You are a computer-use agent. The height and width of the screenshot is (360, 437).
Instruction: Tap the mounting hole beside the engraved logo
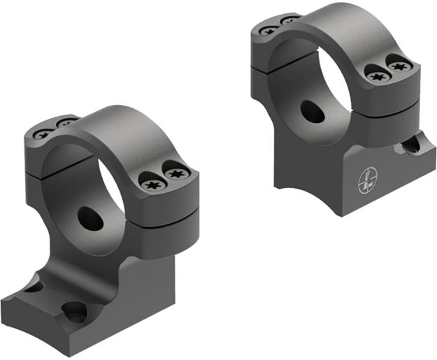(x=409, y=145)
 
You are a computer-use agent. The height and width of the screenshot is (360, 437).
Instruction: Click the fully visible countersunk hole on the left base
(x=75, y=312)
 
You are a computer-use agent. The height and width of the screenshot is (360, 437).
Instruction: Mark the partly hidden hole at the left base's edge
(x=35, y=287)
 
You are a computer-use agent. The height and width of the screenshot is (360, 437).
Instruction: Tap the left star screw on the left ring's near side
(x=152, y=185)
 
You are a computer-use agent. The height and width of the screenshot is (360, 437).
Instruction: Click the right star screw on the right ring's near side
(x=399, y=66)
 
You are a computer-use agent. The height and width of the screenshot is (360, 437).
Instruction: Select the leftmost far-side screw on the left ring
(x=43, y=131)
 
